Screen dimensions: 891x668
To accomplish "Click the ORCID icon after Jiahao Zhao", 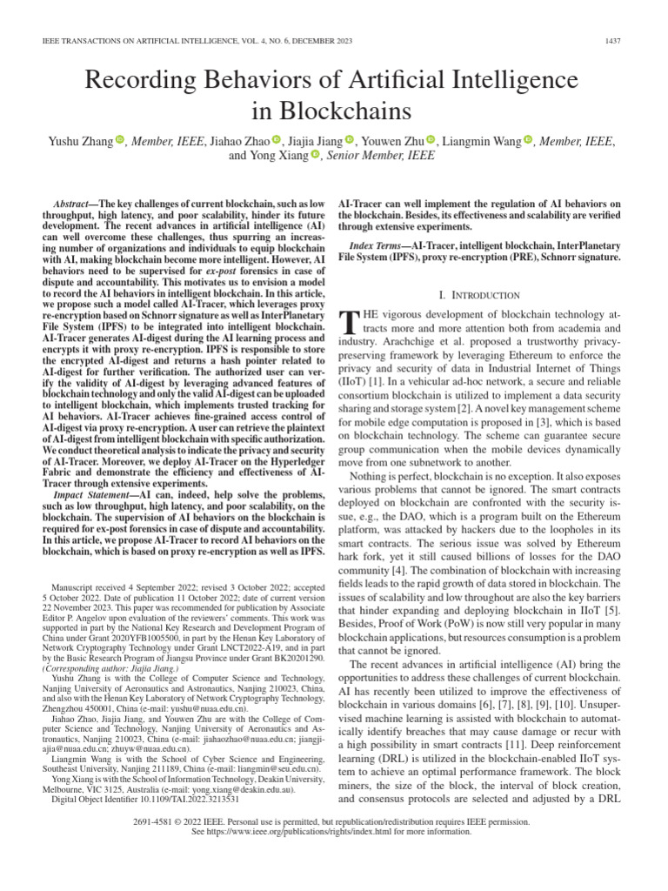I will coord(277,140).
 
